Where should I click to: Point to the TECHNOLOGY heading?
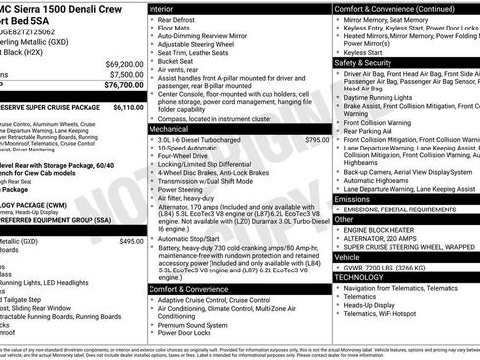(367, 277)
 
